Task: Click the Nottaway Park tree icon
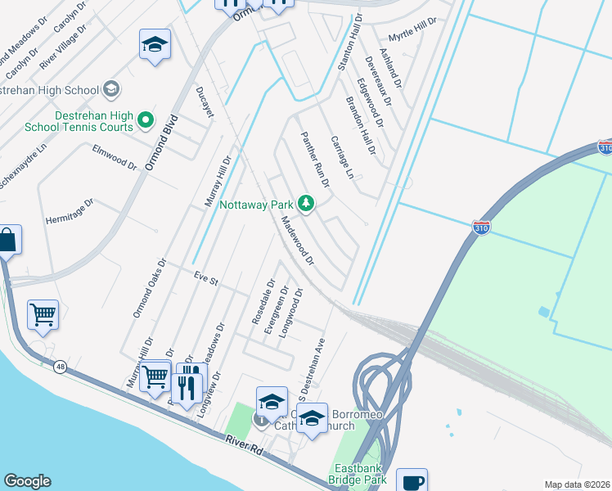306,203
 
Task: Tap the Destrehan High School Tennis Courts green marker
146,121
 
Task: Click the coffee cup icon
412,481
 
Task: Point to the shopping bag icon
7,241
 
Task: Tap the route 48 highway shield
60,367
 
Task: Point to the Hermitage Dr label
70,211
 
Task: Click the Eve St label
206,279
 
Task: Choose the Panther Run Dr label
315,160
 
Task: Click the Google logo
27,481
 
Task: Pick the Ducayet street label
205,101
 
